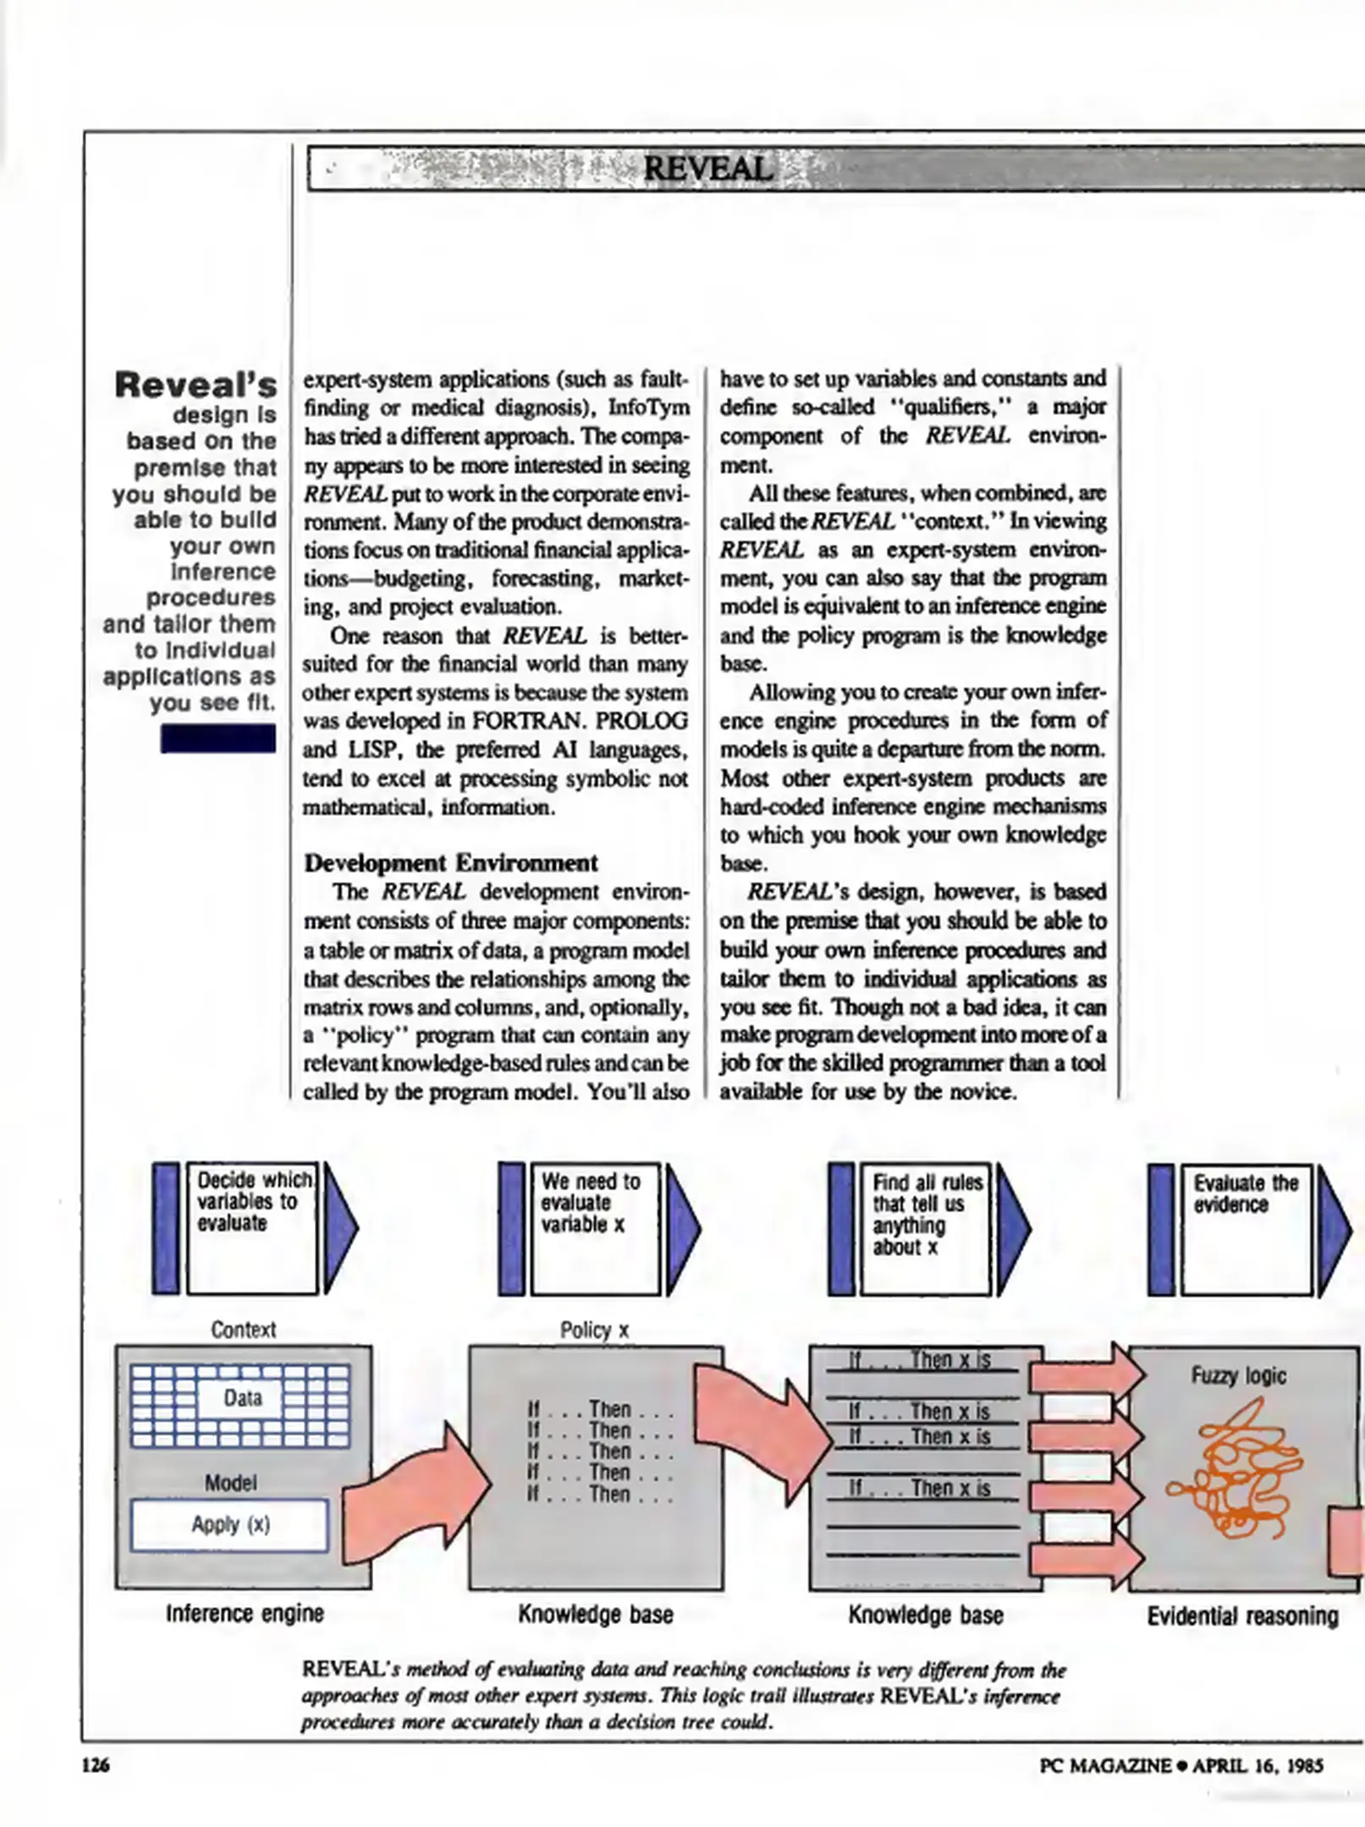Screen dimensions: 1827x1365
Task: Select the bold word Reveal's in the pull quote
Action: point(195,385)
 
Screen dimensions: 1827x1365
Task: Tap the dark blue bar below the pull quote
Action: point(217,738)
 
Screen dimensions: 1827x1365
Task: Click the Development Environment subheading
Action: point(450,863)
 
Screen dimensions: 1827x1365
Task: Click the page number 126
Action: point(95,1764)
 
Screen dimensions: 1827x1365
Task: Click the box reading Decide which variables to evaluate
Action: point(252,1228)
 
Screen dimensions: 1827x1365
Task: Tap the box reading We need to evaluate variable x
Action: point(595,1228)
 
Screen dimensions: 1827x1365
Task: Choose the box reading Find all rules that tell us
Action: point(925,1228)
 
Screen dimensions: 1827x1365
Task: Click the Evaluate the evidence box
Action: point(1246,1228)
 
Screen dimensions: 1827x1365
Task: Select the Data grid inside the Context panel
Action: point(241,1405)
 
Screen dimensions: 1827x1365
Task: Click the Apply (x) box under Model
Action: point(229,1524)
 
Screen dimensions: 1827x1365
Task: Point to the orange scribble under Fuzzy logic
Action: point(1238,1469)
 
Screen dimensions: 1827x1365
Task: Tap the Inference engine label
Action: point(245,1613)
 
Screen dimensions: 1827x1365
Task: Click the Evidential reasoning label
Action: point(1242,1616)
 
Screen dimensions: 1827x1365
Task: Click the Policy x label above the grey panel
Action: point(594,1330)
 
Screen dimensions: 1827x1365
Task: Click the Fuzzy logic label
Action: point(1238,1375)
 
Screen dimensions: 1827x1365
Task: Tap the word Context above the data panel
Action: point(243,1329)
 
